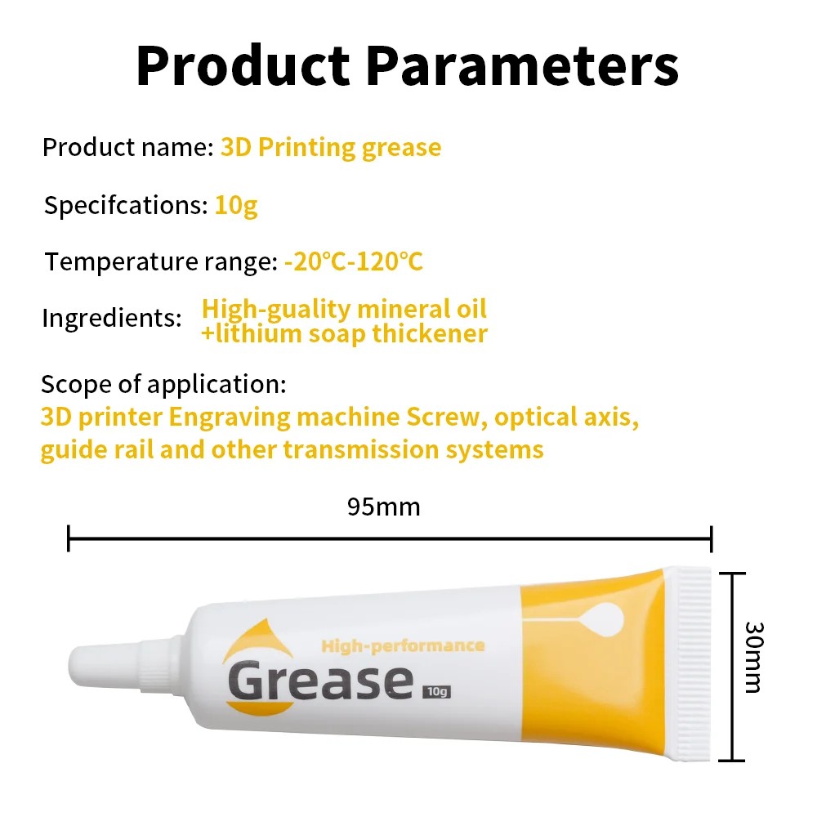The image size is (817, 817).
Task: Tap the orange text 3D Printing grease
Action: [331, 148]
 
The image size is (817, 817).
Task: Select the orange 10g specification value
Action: [236, 205]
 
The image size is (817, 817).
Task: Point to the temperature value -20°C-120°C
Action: [354, 262]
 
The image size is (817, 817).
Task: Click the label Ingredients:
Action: [111, 318]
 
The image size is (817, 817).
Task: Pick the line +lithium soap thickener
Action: [344, 333]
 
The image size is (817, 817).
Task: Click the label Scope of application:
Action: [163, 383]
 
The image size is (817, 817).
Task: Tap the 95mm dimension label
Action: [383, 507]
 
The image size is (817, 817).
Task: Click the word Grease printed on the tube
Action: [319, 681]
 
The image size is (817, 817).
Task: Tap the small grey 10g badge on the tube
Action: [437, 691]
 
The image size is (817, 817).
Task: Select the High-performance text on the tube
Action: [403, 646]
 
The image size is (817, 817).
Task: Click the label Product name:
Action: [127, 148]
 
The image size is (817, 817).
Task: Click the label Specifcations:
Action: [126, 205]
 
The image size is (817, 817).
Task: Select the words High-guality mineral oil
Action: [344, 309]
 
